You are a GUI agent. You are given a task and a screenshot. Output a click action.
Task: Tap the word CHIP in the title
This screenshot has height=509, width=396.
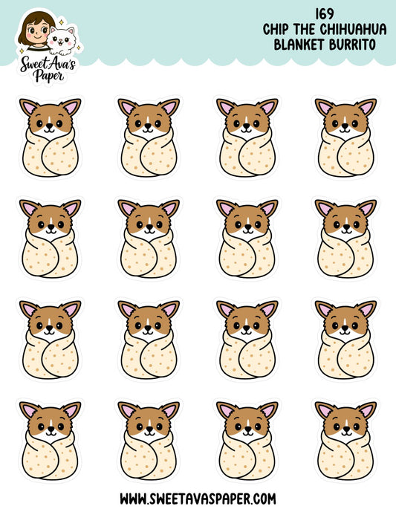(279, 30)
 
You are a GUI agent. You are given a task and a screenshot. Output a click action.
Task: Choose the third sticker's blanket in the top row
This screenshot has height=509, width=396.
(247, 153)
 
